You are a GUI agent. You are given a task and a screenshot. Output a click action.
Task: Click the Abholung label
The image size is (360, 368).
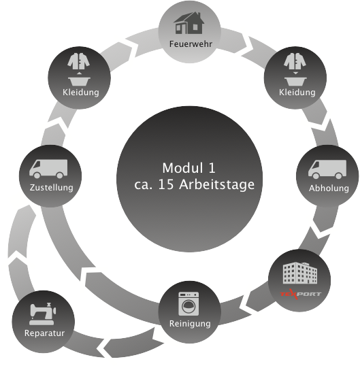click(329, 188)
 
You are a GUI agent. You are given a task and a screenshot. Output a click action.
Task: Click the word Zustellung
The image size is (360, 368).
click(51, 186)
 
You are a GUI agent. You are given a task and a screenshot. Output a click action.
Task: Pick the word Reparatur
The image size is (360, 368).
click(44, 333)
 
